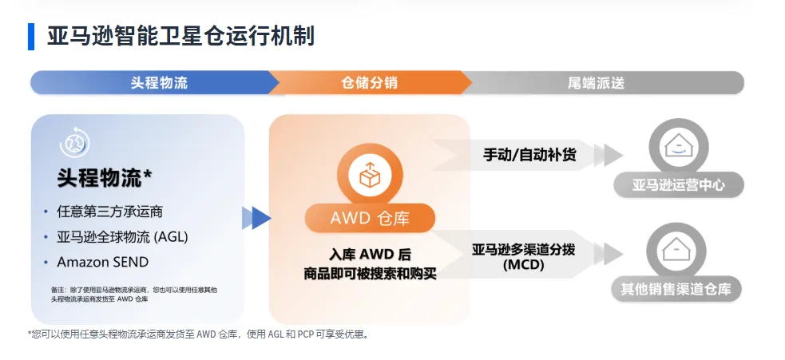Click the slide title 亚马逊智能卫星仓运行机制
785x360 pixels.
click(180, 36)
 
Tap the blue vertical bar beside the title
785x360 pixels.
click(31, 37)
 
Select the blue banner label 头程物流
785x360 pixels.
click(159, 82)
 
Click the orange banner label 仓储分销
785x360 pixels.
click(370, 82)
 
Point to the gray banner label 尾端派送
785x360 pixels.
click(597, 82)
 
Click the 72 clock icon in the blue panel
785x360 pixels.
click(74, 143)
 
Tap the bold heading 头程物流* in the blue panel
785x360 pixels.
click(104, 178)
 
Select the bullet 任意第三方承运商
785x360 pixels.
click(109, 212)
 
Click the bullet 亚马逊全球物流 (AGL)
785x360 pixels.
click(122, 236)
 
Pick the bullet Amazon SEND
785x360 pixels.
click(103, 262)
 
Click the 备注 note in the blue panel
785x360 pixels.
click(133, 295)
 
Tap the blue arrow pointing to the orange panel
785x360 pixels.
click(257, 218)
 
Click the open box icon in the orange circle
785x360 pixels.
click(370, 175)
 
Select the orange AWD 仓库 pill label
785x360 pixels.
click(370, 218)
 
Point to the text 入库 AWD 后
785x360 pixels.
click(370, 255)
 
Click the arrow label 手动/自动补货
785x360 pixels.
click(529, 154)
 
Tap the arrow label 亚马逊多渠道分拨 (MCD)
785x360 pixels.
click(523, 256)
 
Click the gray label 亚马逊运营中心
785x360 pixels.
click(678, 185)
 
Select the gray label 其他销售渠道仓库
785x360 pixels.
click(676, 289)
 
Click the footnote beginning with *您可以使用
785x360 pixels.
click(199, 334)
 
